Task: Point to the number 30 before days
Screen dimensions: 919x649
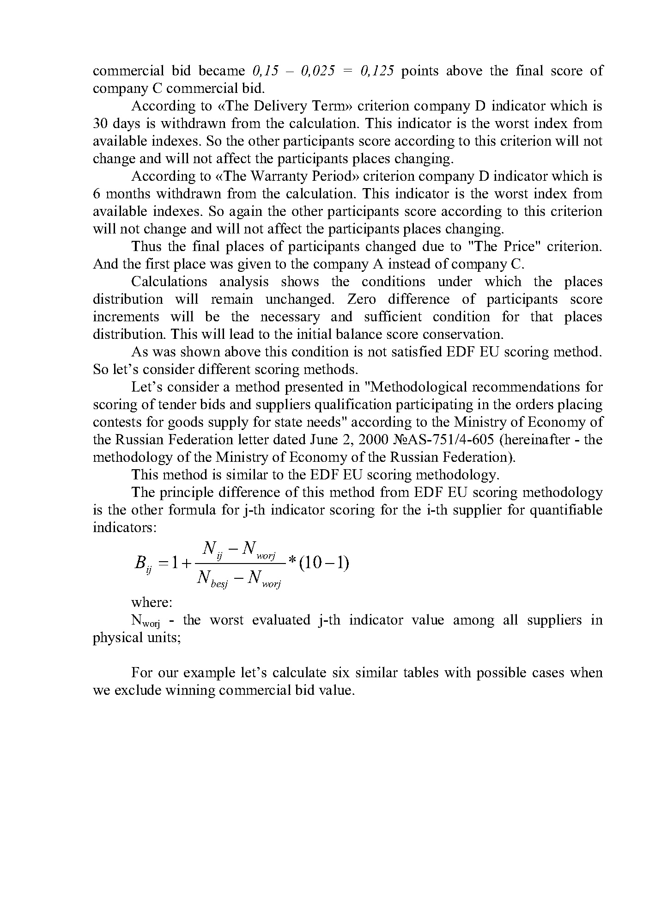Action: pos(100,123)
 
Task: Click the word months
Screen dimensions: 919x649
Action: pos(123,194)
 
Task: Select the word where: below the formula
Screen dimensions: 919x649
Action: pos(152,602)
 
